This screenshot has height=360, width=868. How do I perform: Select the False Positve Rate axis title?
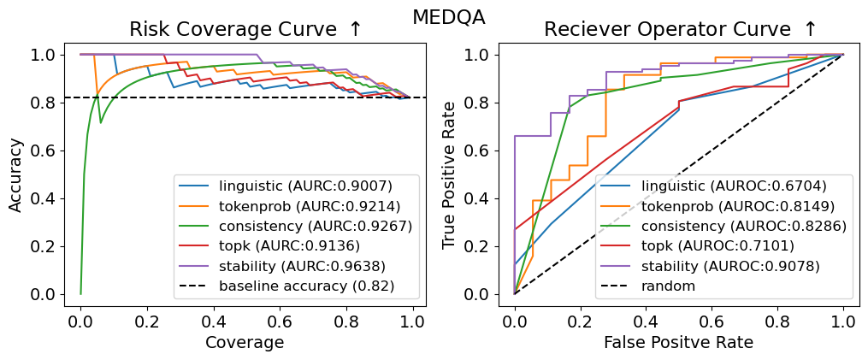(x=678, y=342)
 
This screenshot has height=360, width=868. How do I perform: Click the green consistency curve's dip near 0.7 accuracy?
(x=101, y=122)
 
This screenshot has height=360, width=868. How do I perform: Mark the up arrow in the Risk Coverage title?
(x=355, y=30)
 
